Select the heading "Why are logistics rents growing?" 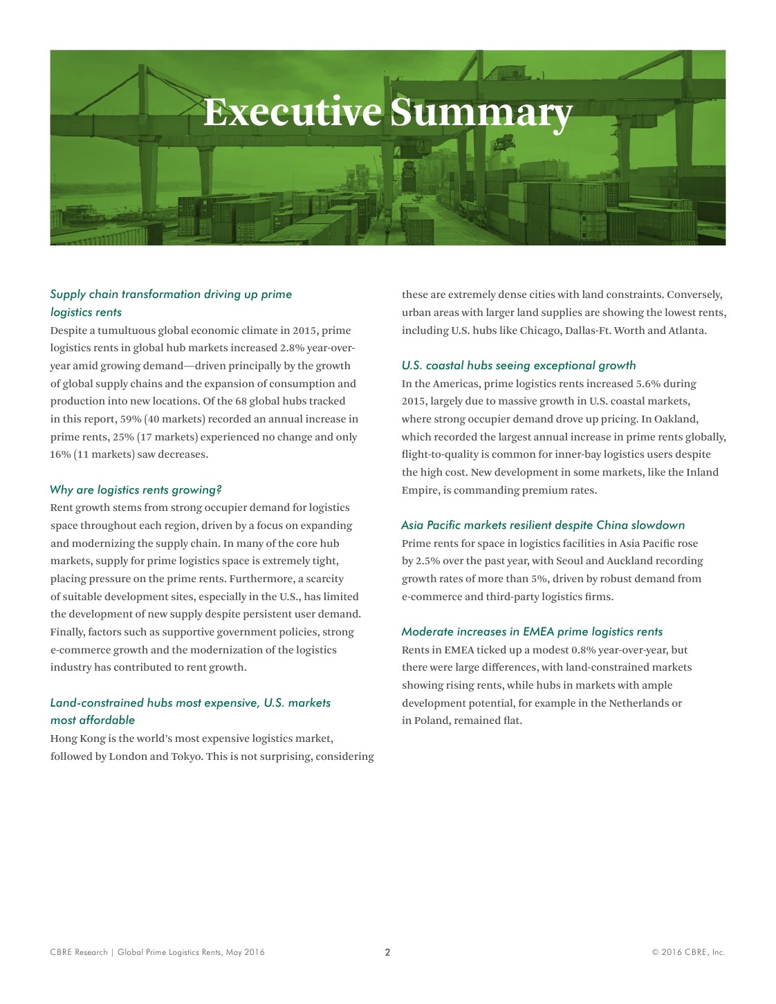136,490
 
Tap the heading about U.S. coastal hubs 518,365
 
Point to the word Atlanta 687,330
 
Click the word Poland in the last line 432,721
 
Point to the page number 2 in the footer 387,952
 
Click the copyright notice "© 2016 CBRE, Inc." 687,952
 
